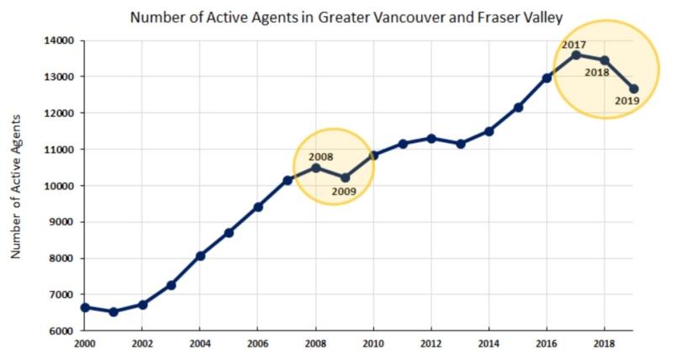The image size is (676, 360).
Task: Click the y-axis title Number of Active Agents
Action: point(16,187)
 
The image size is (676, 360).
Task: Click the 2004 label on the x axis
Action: point(200,345)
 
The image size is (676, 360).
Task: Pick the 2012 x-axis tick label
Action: point(431,345)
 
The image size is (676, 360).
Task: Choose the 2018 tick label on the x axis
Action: point(604,345)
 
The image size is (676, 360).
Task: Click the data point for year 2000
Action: point(85,308)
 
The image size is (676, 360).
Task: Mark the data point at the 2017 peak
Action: point(576,55)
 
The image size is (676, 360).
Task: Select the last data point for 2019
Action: point(633,89)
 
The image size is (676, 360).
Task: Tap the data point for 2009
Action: point(345,177)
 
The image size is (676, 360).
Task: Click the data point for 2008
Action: point(316,167)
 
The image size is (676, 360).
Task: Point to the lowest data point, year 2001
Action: point(114,312)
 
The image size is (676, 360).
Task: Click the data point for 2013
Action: point(460,144)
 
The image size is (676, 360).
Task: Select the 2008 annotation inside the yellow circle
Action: point(320,156)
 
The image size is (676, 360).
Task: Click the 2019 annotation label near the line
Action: point(627,101)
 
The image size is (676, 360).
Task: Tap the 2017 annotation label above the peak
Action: point(574,44)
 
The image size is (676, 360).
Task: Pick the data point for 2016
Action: point(547,78)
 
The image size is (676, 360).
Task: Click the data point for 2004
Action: point(200,256)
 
